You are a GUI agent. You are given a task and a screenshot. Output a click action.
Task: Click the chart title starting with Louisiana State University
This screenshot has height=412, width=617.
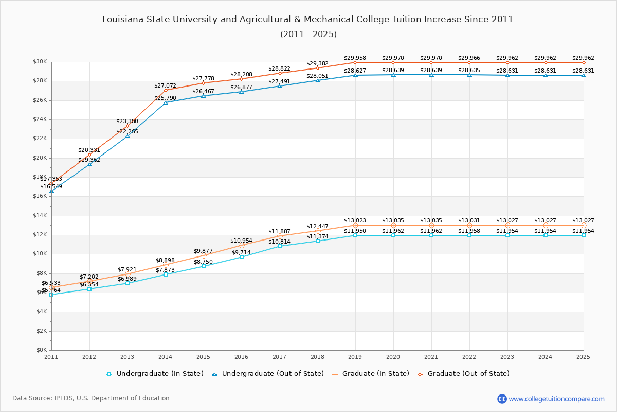coord(307,20)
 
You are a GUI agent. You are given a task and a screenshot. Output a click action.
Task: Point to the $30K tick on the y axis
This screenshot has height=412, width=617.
coord(40,62)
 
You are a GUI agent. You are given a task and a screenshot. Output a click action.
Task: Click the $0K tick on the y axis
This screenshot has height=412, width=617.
coord(41,350)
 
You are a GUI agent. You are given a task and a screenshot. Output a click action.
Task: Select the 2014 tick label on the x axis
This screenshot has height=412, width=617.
coord(166,357)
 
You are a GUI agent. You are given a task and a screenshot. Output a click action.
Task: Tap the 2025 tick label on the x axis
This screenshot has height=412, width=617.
coord(583,357)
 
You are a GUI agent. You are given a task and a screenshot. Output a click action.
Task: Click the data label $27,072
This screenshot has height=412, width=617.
coord(165,86)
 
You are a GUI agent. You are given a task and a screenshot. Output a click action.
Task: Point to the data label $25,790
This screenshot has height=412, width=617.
coord(165,98)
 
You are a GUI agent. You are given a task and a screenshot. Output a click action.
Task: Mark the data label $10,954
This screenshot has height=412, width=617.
coord(241,241)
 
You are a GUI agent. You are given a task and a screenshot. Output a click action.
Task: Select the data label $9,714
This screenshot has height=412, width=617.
coord(241,253)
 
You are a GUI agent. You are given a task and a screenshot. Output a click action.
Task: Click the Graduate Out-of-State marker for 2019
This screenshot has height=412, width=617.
coord(355,62)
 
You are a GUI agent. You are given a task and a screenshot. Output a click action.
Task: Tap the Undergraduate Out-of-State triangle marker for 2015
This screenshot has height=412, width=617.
coord(204,96)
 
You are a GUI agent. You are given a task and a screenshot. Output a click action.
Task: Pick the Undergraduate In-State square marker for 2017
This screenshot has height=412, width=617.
coord(280,246)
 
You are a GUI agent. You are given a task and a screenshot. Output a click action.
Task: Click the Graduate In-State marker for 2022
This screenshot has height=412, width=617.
coord(469,225)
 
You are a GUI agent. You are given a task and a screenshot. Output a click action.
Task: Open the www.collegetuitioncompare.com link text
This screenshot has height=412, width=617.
coord(556,399)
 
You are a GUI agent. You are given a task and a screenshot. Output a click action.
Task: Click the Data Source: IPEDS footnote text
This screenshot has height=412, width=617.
coord(91,398)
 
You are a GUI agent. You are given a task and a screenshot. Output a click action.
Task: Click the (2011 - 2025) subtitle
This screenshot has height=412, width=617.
coord(308,35)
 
